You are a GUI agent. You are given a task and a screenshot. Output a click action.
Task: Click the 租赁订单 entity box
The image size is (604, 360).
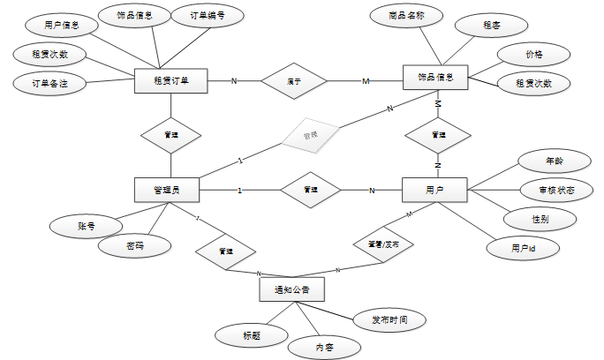(172, 81)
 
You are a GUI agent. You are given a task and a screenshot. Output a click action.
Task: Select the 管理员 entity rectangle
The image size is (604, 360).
(166, 190)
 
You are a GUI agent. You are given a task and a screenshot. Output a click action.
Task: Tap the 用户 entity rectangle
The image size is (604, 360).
(434, 190)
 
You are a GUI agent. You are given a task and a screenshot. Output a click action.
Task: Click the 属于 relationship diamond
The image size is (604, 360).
(294, 82)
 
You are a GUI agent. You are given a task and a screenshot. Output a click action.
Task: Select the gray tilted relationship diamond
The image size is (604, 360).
(309, 137)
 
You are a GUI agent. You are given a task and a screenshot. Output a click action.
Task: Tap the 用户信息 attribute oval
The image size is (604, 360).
(62, 25)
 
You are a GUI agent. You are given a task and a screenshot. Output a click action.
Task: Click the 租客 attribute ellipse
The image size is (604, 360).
(491, 26)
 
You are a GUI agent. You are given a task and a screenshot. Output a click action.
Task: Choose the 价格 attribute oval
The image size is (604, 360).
(534, 55)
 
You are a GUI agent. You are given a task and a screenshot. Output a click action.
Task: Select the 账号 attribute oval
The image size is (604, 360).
(86, 227)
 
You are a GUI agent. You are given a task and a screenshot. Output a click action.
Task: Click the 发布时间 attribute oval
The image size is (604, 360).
(389, 319)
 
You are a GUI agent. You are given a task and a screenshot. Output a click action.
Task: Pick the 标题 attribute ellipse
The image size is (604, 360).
(252, 334)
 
